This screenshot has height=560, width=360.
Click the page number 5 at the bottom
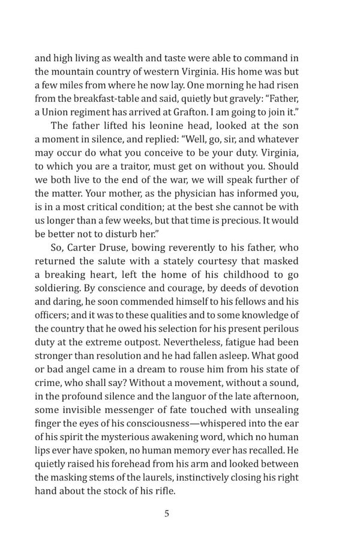pyautogui.click(x=167, y=514)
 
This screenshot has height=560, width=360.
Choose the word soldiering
pyautogui.click(x=58, y=288)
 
